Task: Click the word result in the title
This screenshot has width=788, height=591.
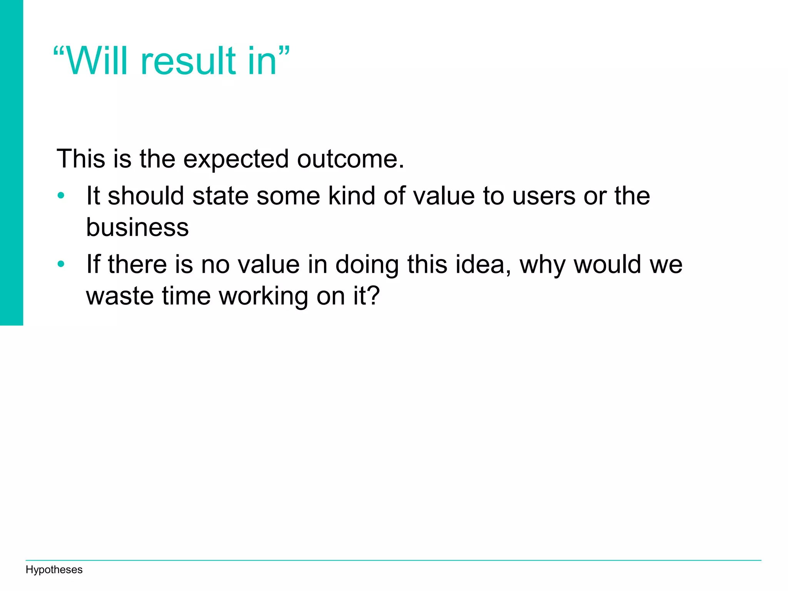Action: coord(188,61)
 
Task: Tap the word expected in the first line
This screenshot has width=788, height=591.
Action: coord(235,159)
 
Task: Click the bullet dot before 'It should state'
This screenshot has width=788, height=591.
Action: coord(61,196)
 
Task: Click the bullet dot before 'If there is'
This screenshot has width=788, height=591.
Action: coord(61,264)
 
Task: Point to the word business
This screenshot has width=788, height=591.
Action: coord(137,227)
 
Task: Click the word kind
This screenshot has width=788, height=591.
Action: coord(352,196)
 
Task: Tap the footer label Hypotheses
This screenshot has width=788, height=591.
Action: coord(54,569)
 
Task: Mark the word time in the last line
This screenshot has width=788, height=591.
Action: coord(186,296)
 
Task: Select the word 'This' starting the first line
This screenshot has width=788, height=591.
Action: coord(80,159)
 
